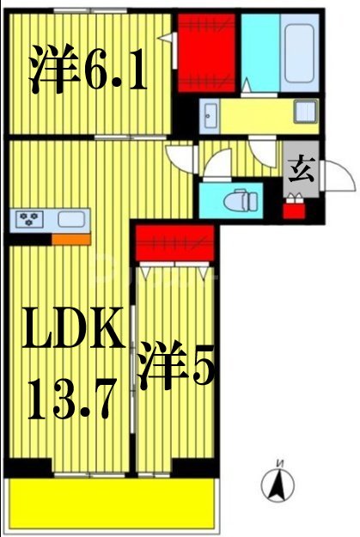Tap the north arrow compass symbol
coord(278,484)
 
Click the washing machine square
coord(305,112)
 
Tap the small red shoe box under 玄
coord(295,207)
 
